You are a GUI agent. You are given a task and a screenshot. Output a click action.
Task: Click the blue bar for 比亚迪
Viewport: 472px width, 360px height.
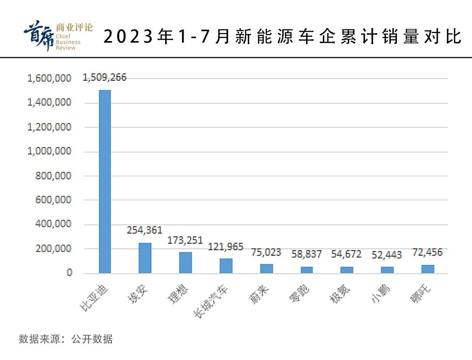[x=104, y=181]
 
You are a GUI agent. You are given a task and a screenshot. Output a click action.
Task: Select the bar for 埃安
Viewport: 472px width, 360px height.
[x=145, y=258]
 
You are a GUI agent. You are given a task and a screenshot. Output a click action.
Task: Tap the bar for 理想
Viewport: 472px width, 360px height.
[x=185, y=263]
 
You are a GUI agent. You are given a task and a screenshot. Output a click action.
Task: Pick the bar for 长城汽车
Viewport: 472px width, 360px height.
[x=226, y=266]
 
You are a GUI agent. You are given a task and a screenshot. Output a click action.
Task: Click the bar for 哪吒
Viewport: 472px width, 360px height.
[x=428, y=269]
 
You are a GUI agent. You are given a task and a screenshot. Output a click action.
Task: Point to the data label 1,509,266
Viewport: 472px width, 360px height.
[x=104, y=78]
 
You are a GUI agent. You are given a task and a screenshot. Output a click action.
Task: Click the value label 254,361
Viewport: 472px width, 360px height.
[x=144, y=230]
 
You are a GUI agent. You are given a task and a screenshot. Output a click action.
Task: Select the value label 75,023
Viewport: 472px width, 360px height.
[x=266, y=253]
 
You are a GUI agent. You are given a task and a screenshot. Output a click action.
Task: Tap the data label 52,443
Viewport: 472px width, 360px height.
[x=387, y=255]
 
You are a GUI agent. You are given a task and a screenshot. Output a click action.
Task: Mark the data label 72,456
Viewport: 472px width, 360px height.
[x=427, y=253]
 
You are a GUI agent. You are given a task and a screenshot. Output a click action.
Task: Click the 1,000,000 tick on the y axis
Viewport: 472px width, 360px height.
[x=49, y=152]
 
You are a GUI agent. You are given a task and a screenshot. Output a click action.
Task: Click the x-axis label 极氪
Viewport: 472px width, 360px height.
[x=342, y=292]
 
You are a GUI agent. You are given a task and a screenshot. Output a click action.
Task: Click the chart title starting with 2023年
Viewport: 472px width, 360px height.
[x=282, y=37]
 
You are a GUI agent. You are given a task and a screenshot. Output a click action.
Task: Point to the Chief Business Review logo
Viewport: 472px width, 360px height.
[x=58, y=36]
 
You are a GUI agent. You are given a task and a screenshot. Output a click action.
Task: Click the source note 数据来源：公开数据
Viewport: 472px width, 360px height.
[x=66, y=339]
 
